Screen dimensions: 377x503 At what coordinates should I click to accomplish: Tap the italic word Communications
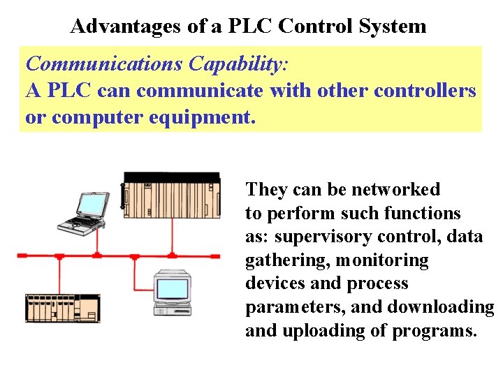(x=104, y=64)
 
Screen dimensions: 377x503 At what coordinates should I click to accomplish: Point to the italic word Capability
(x=236, y=64)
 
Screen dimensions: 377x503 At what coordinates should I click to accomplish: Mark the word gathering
(x=287, y=260)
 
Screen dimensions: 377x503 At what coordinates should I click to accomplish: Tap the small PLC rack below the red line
(x=63, y=307)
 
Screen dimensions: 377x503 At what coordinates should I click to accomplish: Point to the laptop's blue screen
(x=92, y=203)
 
